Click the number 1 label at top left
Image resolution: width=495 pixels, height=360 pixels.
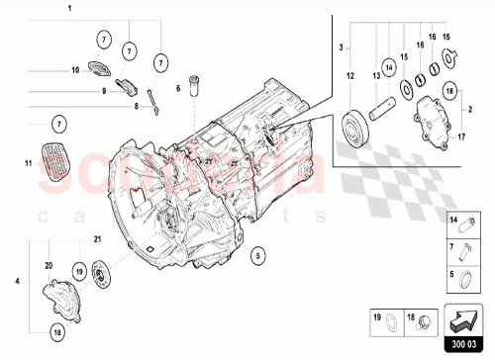69,8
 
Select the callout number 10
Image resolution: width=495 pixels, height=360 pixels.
74,71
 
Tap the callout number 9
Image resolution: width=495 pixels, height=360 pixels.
102,90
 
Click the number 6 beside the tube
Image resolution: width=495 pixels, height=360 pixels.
178,89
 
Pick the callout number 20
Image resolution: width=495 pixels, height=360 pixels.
48,265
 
